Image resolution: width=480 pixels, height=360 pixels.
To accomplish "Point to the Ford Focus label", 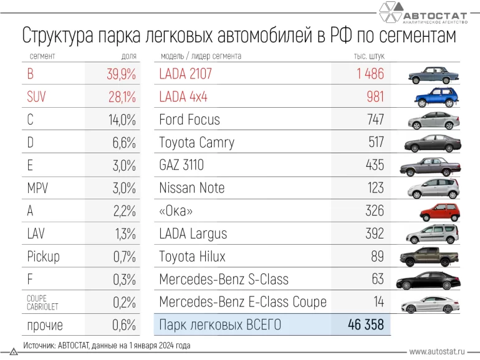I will (x=190, y=120).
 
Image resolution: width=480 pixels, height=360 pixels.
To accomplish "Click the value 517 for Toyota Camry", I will (x=375, y=142).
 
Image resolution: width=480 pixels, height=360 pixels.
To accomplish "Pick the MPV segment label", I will (x=38, y=188).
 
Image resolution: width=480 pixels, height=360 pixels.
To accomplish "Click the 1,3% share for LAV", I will (x=125, y=234).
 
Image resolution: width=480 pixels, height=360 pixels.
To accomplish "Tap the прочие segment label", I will (x=46, y=325).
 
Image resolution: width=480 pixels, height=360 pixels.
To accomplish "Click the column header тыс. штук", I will (x=369, y=57).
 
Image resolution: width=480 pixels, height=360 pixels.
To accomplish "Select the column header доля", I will (x=128, y=57).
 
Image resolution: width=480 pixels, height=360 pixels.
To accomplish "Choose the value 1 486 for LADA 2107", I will (x=370, y=74).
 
